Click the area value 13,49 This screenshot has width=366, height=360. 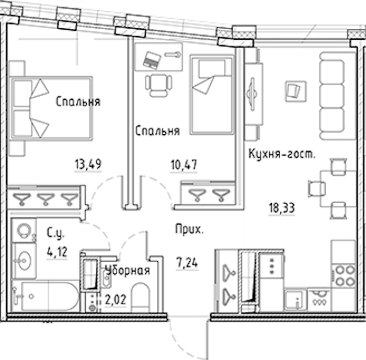(88, 164)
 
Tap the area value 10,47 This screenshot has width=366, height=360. (184, 165)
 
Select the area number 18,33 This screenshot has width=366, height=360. (282, 208)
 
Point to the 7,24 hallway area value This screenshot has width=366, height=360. (187, 263)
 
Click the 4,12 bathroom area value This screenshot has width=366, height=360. (57, 252)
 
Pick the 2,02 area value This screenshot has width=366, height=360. (116, 299)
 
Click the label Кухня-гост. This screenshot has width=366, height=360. (282, 154)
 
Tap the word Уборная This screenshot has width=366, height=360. (128, 271)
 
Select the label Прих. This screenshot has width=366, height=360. (189, 229)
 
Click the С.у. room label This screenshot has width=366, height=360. (55, 233)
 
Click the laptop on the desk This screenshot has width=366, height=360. (152, 60)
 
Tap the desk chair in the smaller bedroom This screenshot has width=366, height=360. (158, 85)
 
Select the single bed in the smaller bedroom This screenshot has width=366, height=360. (212, 95)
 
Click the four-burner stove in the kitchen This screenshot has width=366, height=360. (344, 276)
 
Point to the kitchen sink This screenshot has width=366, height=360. (295, 300)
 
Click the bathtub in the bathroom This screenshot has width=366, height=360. (46, 296)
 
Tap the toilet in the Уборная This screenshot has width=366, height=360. (140, 297)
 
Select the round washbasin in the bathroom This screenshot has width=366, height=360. (24, 261)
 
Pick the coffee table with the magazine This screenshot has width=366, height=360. (296, 91)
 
